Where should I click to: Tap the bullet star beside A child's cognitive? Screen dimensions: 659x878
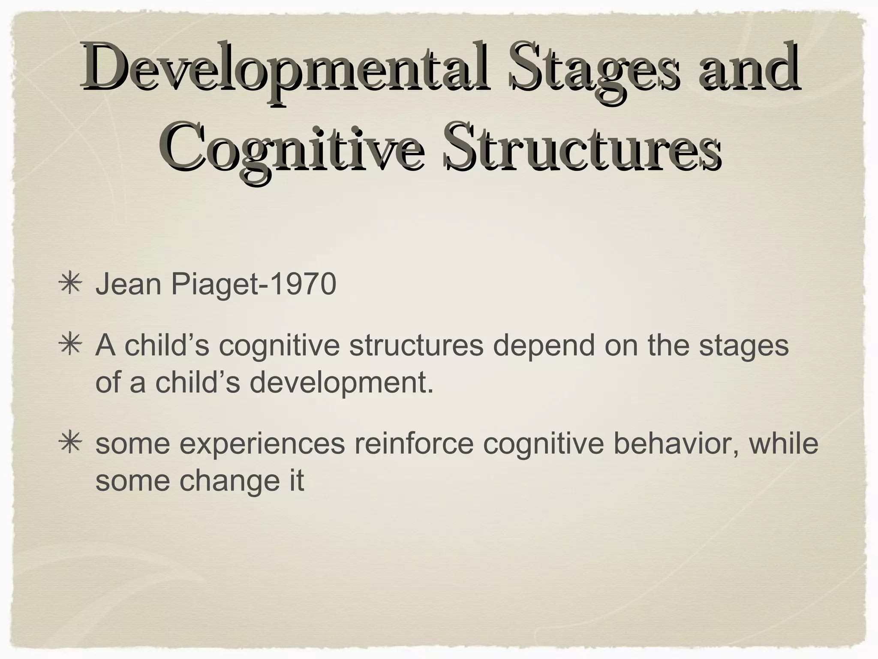(x=69, y=346)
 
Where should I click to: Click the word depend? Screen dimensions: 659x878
(x=544, y=346)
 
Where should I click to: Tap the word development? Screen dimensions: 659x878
(x=341, y=382)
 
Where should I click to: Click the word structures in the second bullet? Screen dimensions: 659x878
(x=416, y=346)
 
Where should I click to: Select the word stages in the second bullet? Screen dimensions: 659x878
(x=743, y=346)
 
